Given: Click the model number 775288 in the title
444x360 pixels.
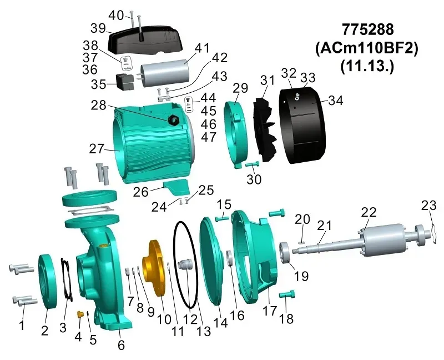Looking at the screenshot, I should click(366, 29).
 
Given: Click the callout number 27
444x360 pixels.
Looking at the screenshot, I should click(97, 149).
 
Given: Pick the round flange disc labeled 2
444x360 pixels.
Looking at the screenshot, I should click(48, 280).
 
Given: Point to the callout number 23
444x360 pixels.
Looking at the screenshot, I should click(429, 205).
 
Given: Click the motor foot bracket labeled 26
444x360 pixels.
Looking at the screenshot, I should click(175, 187).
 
